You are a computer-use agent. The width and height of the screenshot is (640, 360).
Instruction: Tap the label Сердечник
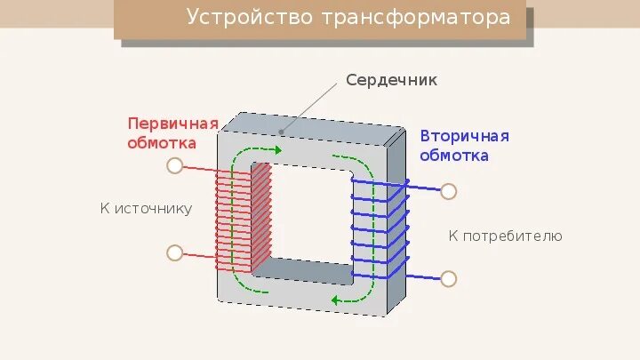point(392,80)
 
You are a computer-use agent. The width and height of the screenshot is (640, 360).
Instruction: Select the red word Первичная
point(172,123)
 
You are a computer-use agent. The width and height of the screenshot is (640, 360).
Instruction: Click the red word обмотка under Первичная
point(162,142)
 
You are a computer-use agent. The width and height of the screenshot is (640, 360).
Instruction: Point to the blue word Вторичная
point(464,136)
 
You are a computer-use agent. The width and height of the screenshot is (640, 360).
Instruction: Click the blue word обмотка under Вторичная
point(454,156)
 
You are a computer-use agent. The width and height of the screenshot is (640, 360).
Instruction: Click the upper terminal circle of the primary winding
point(174,165)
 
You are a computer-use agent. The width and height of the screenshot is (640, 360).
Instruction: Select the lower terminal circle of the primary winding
point(174,253)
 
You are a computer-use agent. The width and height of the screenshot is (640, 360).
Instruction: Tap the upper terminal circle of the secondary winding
point(449,191)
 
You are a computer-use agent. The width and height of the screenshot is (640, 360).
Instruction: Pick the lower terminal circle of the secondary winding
point(449,278)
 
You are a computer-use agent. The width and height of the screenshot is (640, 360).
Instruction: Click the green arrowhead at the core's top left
point(276,150)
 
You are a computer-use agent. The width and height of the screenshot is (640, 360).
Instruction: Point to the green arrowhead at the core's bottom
point(337,300)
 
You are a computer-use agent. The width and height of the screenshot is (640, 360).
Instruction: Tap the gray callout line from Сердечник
point(313,108)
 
